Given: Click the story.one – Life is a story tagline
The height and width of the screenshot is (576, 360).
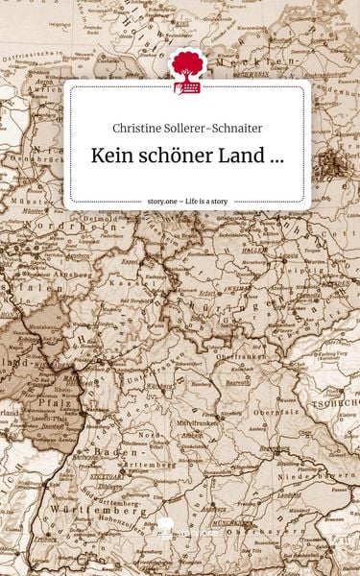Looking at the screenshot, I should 187,202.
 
